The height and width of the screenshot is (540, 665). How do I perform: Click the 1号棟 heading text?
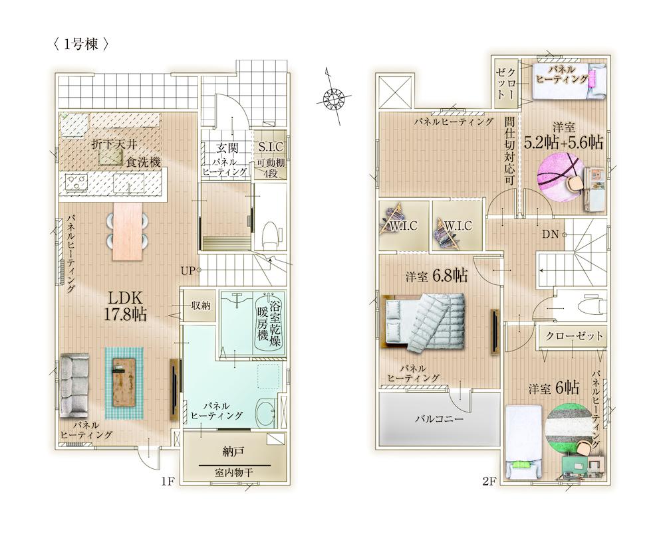coord(80,44)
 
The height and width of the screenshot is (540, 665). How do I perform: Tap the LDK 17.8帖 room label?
coord(126,306)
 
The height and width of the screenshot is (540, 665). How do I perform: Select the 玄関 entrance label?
coord(227,148)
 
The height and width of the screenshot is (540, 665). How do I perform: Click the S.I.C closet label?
coord(271,147)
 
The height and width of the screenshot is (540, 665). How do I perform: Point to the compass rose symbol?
coord(332,99)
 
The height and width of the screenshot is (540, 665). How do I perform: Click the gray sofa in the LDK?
coord(74,385)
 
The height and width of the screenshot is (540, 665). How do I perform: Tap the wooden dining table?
coord(126,231)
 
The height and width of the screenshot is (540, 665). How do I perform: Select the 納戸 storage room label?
coord(233,452)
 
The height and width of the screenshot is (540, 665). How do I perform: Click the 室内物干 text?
coord(233,472)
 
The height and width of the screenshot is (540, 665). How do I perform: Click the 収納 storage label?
coord(201,306)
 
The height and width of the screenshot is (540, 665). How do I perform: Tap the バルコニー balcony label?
coord(439,419)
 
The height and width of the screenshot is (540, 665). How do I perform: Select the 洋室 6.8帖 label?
coord(436,276)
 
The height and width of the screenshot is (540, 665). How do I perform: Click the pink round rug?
coord(558,178)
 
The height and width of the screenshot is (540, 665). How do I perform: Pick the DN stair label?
coord(550,234)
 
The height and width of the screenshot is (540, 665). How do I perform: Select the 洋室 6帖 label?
coord(553,387)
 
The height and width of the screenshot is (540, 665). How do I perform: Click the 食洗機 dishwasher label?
coord(144,162)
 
